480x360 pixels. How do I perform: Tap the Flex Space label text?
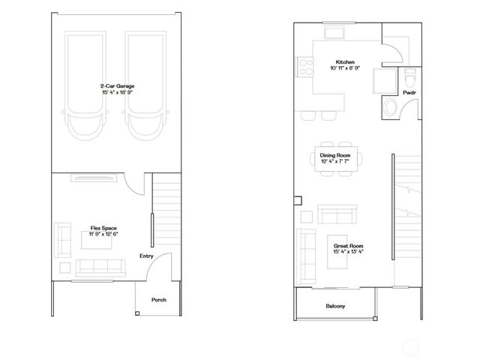[103, 228]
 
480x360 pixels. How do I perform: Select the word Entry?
[146, 256]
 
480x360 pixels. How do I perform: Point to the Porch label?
[158, 300]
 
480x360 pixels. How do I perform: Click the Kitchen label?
[345, 61]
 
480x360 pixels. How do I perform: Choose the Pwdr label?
[409, 93]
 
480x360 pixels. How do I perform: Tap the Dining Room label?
[336, 155]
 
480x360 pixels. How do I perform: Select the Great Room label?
[348, 245]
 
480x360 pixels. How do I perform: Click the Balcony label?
[335, 306]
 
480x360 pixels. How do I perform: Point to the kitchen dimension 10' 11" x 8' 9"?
[346, 68]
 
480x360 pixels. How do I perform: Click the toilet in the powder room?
[409, 77]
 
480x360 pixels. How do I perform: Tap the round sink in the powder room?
[391, 109]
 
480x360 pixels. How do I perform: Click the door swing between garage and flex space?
[133, 184]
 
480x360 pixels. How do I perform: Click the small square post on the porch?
[136, 313]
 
